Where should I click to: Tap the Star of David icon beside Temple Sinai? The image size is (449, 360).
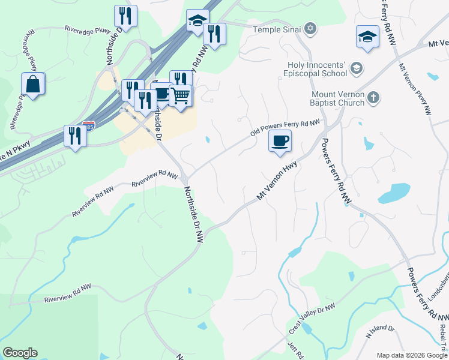310,28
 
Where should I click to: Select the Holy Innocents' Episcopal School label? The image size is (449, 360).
315,69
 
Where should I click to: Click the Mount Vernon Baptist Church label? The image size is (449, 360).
338,98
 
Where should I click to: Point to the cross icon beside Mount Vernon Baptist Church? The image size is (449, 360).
373,97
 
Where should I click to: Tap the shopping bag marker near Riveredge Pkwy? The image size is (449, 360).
33,85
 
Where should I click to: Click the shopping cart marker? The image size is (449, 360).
181,95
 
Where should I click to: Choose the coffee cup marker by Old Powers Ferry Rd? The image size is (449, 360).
280,142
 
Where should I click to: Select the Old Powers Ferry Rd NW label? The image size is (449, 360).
285,127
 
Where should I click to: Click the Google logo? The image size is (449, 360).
20,353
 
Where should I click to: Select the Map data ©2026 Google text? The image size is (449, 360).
412,355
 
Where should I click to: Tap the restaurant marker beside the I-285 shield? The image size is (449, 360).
75,136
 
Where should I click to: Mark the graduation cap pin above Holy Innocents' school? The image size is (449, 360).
367,37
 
